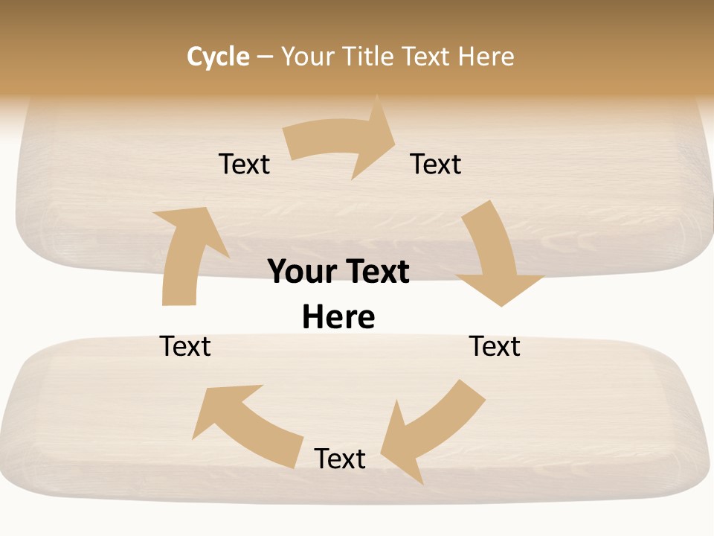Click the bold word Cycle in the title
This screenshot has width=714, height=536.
[218, 57]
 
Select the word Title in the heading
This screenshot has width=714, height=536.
[370, 57]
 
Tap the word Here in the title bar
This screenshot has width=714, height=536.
[486, 57]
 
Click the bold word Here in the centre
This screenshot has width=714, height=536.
[338, 317]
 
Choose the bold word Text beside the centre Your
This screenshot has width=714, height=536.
[375, 272]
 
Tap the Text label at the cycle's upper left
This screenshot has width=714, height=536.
[244, 164]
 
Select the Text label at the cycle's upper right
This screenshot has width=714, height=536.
[436, 164]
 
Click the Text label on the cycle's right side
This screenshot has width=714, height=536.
[495, 346]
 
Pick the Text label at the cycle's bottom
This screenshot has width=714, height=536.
[340, 459]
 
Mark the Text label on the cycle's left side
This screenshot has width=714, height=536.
[185, 346]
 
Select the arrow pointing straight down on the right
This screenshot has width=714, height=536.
[495, 253]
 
